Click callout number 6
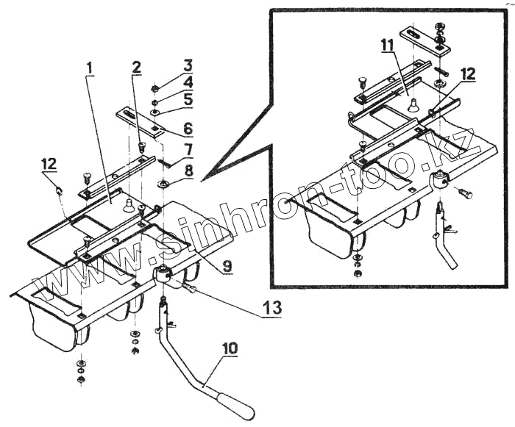tap(188, 128)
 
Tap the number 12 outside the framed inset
tap(49, 162)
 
